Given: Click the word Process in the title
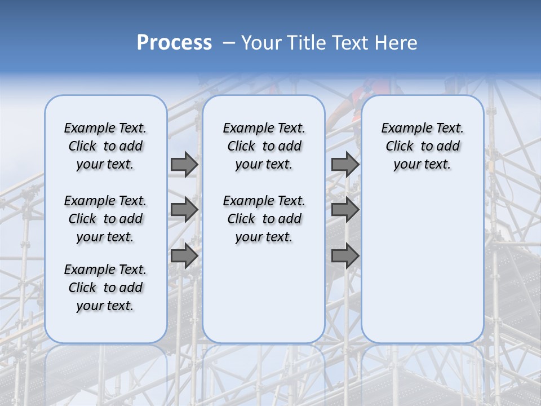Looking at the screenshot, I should (x=174, y=42).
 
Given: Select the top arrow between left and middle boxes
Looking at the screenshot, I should (x=184, y=164).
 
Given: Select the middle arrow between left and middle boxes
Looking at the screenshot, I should (x=184, y=210).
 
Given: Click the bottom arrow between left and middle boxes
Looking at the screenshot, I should (x=184, y=256).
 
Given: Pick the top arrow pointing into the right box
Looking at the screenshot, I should (x=345, y=164).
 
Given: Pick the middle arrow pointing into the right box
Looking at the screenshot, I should (x=345, y=210).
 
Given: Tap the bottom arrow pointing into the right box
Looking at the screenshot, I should (x=345, y=256).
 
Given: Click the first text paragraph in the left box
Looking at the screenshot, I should (x=105, y=146).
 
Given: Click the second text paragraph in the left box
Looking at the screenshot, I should (x=105, y=219).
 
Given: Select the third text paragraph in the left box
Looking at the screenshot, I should (x=105, y=288).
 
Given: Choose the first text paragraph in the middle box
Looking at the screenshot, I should (x=264, y=146).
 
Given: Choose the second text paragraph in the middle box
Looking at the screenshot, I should (x=264, y=219).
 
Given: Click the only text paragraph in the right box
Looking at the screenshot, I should (x=423, y=146).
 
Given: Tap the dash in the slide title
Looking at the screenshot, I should (x=229, y=42).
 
